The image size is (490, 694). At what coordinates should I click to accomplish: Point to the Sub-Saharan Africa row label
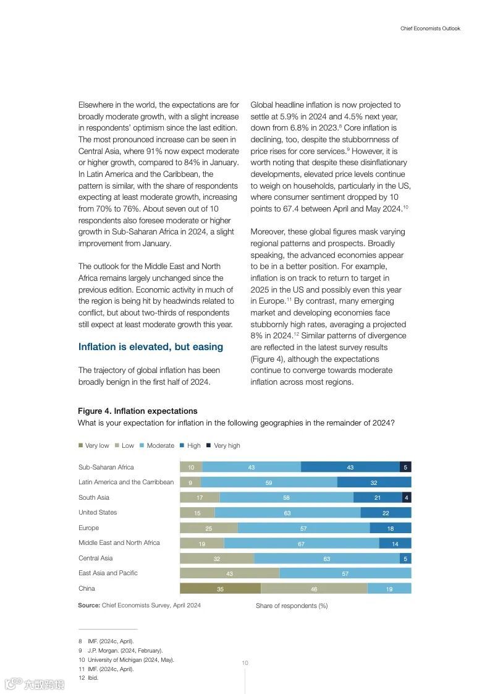pos(106,467)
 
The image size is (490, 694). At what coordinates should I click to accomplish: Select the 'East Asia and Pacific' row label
pos(108,573)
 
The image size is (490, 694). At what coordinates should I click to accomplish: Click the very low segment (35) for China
pos(220,589)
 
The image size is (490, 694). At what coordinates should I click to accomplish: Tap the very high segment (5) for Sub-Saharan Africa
pos(405,467)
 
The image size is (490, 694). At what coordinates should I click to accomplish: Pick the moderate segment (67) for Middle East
pos(301,543)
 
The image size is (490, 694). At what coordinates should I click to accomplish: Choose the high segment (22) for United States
pos(386,513)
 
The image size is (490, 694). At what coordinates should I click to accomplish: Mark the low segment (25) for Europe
pos(209,528)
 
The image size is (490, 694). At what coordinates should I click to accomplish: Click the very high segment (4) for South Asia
pos(406,497)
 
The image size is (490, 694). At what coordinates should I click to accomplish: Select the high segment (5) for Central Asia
pos(405,559)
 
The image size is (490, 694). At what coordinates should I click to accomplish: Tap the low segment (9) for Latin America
pos(190,482)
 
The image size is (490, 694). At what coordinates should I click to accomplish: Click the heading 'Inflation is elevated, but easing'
pos(151,346)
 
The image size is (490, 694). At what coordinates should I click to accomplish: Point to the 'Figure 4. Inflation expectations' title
pos(138,411)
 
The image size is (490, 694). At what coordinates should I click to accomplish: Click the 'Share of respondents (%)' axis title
pos(292,606)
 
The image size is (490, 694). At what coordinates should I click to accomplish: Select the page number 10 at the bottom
pos(245,663)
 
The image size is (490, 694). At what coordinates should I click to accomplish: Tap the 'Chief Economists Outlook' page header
pos(430,28)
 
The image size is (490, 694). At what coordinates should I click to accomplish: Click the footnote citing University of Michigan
pos(130,659)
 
